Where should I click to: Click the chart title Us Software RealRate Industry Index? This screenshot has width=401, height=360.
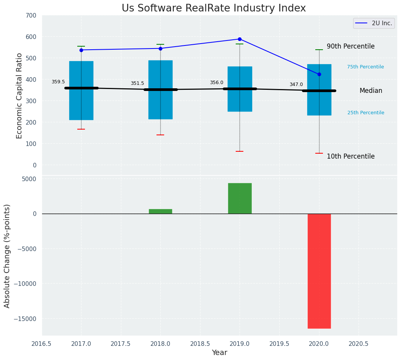click(x=214, y=8)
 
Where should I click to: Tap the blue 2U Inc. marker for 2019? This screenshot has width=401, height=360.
click(x=240, y=39)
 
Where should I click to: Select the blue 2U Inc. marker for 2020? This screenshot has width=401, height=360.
click(x=319, y=74)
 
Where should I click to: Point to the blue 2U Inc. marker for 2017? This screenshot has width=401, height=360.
click(x=81, y=50)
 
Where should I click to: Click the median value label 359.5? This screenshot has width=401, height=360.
click(x=58, y=82)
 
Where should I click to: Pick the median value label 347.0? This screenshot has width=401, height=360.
click(x=296, y=84)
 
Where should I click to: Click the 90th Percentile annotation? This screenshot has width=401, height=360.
click(x=350, y=46)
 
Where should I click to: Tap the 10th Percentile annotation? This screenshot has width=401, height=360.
click(x=350, y=156)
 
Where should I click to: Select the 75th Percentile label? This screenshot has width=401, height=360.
click(x=365, y=67)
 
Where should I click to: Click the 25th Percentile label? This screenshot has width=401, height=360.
click(x=365, y=113)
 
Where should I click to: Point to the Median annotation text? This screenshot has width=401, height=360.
click(x=371, y=91)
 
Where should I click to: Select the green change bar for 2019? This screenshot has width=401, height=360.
click(x=240, y=198)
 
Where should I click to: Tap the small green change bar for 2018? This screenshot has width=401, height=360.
click(x=160, y=211)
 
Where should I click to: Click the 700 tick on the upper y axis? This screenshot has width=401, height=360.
click(x=31, y=16)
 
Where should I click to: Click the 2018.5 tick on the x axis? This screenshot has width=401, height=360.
click(x=200, y=344)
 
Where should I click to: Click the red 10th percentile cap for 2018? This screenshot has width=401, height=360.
click(x=160, y=135)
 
